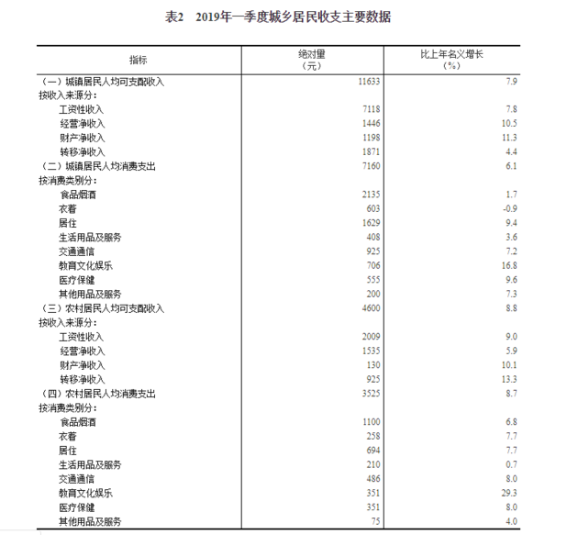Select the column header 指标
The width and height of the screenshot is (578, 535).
click(x=138, y=60)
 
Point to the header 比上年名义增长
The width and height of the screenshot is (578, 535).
click(x=451, y=54)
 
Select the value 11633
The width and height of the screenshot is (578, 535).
click(x=370, y=82)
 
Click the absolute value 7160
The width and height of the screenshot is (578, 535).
click(x=372, y=166)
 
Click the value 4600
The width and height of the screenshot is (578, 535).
click(x=372, y=308)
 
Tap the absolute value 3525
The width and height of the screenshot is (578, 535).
click(x=372, y=394)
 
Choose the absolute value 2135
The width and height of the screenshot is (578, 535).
click(x=372, y=195)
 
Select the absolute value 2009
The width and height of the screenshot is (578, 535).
click(x=372, y=337)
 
